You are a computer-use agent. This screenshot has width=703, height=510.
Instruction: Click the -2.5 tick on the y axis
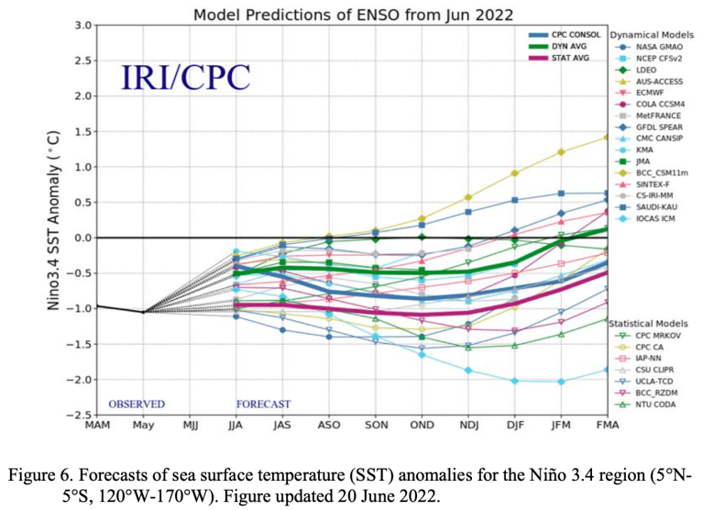coord(78,415)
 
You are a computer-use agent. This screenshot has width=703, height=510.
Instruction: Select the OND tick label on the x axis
coord(422,427)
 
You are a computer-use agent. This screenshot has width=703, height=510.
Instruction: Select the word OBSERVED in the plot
coord(137,404)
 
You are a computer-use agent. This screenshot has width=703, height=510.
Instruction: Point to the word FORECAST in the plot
coord(263,404)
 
